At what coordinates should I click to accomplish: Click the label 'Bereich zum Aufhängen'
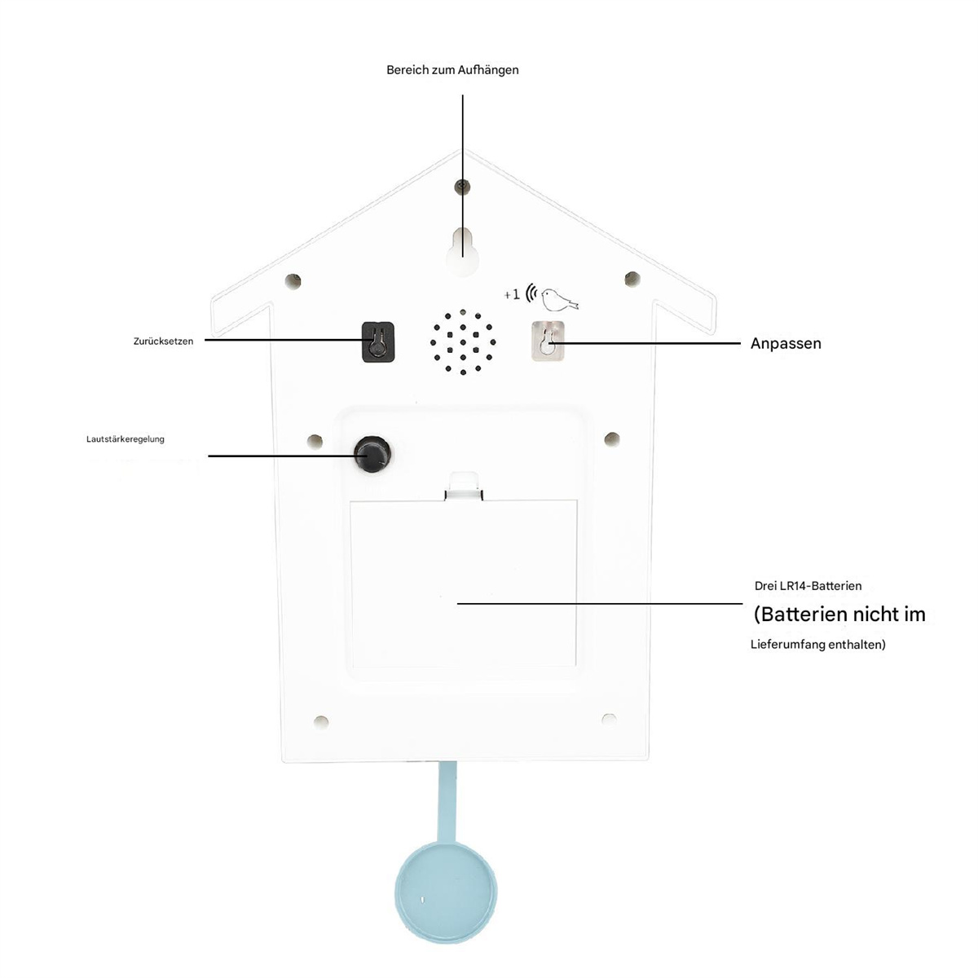(x=452, y=70)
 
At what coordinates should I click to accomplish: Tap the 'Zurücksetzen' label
(x=164, y=341)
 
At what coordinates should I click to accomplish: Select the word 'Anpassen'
(x=786, y=344)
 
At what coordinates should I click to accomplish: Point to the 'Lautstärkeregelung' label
(x=126, y=439)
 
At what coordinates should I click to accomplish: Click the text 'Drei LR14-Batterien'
(x=808, y=586)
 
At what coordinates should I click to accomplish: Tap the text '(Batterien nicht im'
(x=839, y=615)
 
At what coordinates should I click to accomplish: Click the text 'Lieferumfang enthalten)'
(x=818, y=645)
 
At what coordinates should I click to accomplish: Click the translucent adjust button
(x=548, y=341)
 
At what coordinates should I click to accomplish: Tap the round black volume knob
(x=372, y=454)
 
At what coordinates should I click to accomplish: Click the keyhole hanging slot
(x=462, y=251)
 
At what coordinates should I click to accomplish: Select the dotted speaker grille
(x=463, y=342)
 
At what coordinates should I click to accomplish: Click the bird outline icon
(x=559, y=299)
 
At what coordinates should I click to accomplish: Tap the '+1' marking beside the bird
(x=512, y=294)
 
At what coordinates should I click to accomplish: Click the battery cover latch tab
(x=464, y=487)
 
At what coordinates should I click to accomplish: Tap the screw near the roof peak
(x=462, y=187)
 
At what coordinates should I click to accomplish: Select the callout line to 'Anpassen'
(x=644, y=344)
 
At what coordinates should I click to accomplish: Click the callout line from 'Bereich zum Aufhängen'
(x=462, y=175)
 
